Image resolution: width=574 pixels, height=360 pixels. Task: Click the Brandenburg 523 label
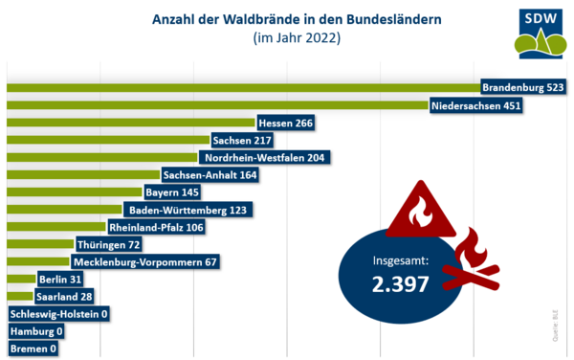523,87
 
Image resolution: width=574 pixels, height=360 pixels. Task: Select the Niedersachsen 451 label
475,105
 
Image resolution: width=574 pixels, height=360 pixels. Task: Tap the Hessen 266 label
286,123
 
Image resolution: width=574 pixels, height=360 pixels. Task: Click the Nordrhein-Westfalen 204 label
265,157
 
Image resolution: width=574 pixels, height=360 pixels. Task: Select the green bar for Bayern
73,192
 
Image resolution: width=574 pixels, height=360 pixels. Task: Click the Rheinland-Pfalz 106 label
156,228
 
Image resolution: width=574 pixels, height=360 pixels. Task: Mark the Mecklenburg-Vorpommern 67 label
146,262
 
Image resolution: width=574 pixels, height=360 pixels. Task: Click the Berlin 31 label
61,280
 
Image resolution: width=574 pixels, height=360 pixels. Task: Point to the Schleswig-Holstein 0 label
59,314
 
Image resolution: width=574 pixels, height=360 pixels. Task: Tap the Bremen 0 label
33,349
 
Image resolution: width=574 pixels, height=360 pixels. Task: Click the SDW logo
540,32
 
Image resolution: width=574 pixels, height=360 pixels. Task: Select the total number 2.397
401,282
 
